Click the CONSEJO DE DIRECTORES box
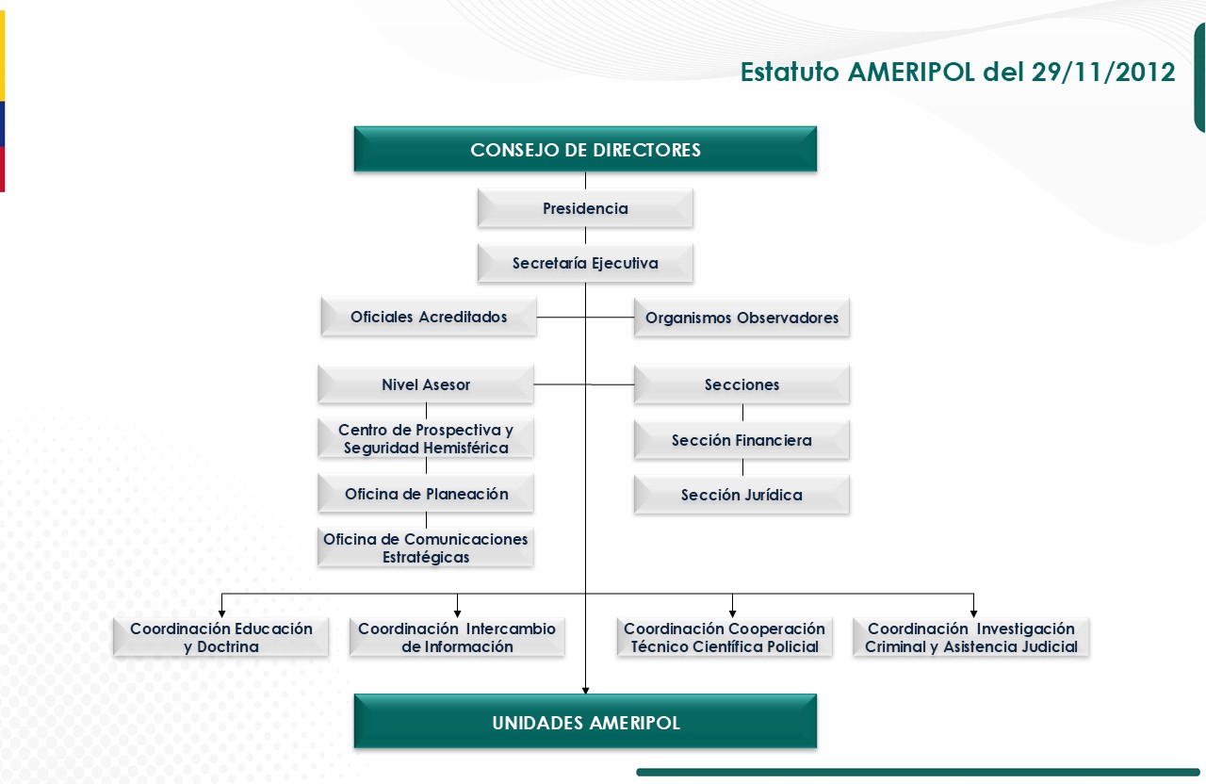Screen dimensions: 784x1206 pos(585,150)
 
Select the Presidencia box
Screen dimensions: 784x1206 pos(585,208)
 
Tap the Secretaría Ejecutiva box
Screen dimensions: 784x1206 pos(585,264)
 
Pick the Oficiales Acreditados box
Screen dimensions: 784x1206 pos(429,318)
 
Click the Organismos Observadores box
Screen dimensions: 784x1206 pos(742,318)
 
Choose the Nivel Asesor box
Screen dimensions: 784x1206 pos(426,384)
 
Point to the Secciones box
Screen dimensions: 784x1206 pos(742,384)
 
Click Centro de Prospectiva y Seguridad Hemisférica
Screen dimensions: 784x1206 pos(426,439)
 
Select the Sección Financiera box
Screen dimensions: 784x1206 pos(742,440)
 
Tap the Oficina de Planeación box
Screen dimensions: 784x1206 pos(426,494)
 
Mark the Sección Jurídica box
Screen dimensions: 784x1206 pos(742,495)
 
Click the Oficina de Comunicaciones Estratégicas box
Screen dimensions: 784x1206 pos(426,547)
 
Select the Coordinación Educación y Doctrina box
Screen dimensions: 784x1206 pos(221,638)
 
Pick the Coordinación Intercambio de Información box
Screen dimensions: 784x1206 pos(457,638)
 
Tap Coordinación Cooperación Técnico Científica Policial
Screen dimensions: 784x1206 pos(725,638)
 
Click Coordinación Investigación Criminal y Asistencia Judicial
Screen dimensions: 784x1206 pos(971,638)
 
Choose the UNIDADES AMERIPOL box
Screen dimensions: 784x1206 pos(585,723)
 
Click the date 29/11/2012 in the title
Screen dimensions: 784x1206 pos(1103,73)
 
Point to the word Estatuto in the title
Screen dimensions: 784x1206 pos(790,73)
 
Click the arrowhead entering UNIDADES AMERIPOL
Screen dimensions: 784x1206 pos(585,691)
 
